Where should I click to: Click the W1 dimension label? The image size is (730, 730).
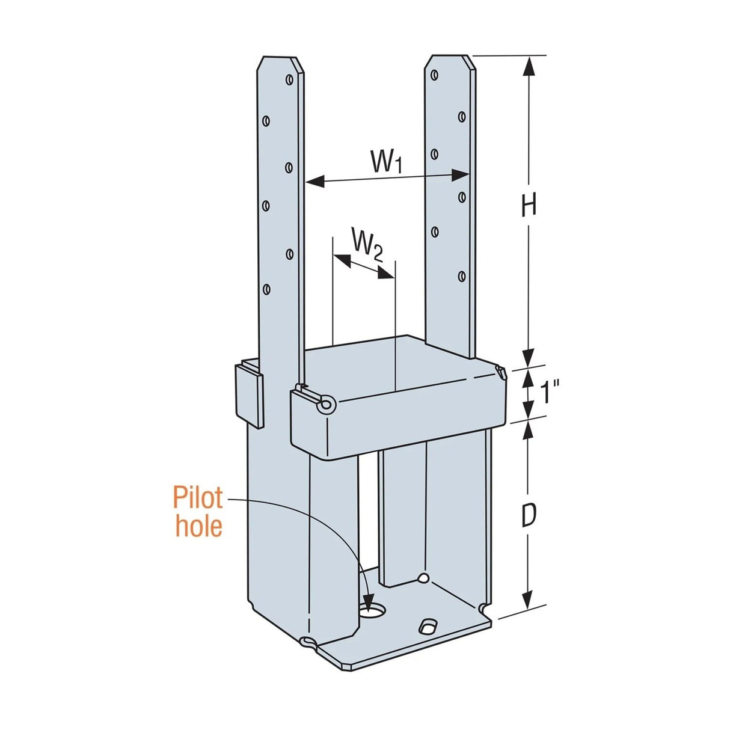click(x=385, y=162)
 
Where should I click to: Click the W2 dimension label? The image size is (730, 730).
click(x=366, y=244)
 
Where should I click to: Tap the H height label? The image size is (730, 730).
click(x=528, y=206)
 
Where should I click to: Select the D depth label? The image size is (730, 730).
click(x=528, y=516)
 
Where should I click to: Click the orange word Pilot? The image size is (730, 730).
click(x=198, y=498)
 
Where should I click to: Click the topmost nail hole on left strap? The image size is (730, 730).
click(x=289, y=79)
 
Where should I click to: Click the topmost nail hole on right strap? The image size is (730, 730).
click(x=434, y=75)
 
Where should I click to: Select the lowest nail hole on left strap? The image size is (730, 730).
click(x=266, y=289)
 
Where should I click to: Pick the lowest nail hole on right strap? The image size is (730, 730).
click(x=462, y=276)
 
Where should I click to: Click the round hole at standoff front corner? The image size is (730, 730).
click(x=326, y=405)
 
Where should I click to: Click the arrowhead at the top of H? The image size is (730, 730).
click(x=528, y=64)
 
